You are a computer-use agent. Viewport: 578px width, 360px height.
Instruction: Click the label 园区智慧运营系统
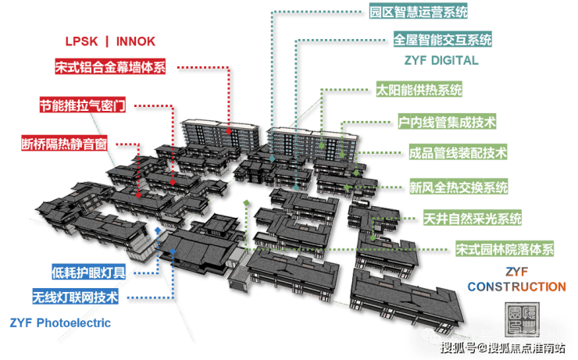(419, 12)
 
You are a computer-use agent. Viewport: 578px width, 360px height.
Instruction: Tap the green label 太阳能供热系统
(419, 89)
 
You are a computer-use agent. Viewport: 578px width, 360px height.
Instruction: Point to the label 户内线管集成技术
(447, 123)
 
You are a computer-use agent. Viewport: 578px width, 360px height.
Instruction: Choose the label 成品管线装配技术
(458, 152)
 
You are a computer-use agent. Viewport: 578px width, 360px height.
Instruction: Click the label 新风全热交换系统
(458, 187)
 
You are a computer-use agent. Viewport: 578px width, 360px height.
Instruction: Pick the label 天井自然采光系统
(472, 219)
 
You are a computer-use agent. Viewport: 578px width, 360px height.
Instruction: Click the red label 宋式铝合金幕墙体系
(110, 66)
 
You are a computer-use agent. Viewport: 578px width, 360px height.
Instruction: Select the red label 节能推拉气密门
(83, 105)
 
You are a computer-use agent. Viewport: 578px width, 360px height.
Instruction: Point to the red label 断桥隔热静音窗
(64, 144)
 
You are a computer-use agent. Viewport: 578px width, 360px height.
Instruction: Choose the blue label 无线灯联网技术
(75, 298)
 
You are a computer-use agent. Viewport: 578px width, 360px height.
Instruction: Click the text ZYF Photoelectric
(61, 322)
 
